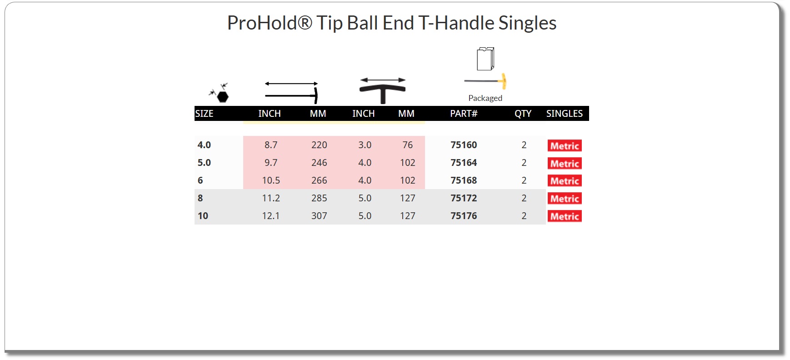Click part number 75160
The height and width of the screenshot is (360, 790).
(464, 145)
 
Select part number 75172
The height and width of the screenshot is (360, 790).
(464, 198)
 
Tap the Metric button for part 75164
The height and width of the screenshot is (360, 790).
(565, 163)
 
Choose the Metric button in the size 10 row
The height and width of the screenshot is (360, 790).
(565, 216)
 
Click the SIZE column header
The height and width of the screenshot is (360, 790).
(204, 114)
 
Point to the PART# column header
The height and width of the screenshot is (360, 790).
(464, 114)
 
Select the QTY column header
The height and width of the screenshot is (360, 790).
(523, 114)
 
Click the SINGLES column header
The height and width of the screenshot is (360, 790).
(565, 114)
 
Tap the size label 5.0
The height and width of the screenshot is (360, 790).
(204, 163)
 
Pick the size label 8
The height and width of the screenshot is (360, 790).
(200, 198)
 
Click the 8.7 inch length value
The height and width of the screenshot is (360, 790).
(271, 145)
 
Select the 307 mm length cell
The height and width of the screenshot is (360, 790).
(319, 216)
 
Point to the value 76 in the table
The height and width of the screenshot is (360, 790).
(408, 145)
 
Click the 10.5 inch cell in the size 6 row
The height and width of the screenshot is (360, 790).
(271, 180)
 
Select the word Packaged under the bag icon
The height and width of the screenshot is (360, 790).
(485, 98)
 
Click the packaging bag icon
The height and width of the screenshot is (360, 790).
(485, 59)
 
